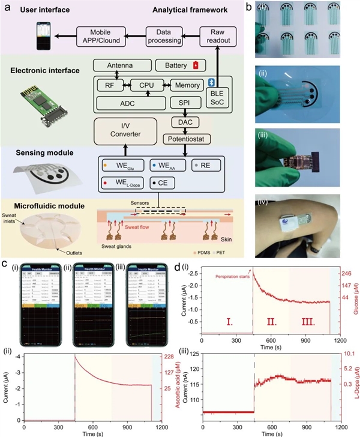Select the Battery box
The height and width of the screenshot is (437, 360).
click(180, 64)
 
